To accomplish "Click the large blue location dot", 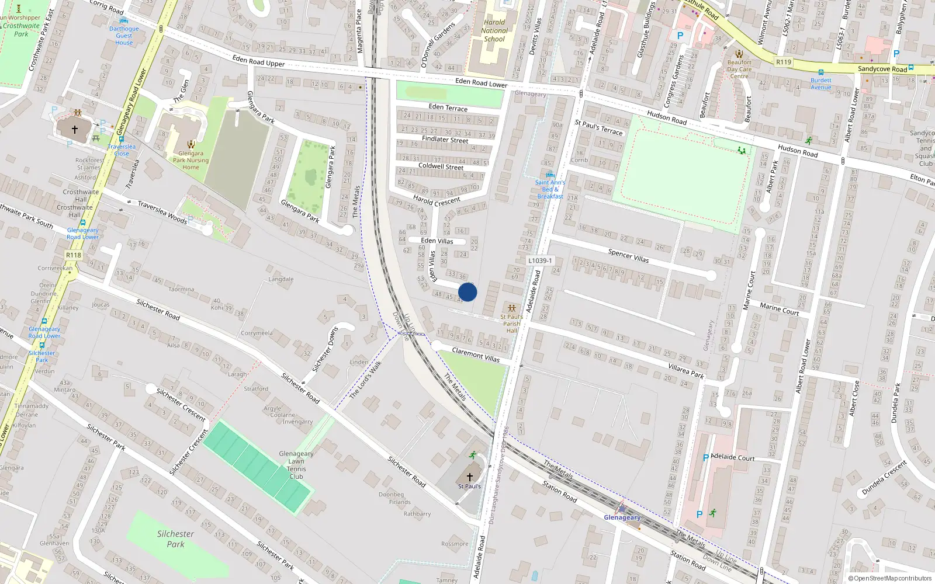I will click(467, 292).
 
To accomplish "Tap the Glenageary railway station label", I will click(622, 517).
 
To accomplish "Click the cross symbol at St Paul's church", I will click(469, 477).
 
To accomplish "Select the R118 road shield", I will click(74, 255).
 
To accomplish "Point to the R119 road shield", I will click(784, 62).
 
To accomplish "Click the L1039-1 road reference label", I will click(539, 261).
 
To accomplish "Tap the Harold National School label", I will click(494, 31).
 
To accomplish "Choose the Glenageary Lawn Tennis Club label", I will click(296, 465).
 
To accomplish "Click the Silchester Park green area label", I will click(175, 538).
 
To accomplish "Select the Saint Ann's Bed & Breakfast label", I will click(550, 189).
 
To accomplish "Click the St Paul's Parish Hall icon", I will click(512, 308).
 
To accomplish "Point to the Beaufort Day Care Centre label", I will click(739, 69).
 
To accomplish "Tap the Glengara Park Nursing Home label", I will click(191, 161).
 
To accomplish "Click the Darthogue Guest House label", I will click(124, 36).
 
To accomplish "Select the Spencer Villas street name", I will click(628, 256).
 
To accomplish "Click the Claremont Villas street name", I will click(476, 355).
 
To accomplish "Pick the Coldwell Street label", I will click(441, 166).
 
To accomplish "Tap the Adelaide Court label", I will click(733, 457).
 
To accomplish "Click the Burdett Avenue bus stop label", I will click(820, 84).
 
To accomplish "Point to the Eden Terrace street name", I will click(448, 107).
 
